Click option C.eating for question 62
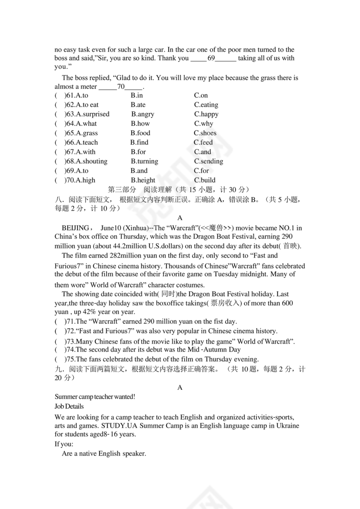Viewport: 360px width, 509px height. click(206, 105)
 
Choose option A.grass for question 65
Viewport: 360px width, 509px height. click(87, 133)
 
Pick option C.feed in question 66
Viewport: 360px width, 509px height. click(203, 143)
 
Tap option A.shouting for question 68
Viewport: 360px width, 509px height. click(92, 161)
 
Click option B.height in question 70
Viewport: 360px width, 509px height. click(143, 180)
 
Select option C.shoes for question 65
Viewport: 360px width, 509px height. click(205, 133)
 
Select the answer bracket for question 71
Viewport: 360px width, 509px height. click(59, 322)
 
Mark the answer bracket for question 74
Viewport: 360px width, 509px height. click(59, 349)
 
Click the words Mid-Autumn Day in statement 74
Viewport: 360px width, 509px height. click(217, 349)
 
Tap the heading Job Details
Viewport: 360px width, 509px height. click(69, 407)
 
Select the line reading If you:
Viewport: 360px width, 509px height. click(64, 444)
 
